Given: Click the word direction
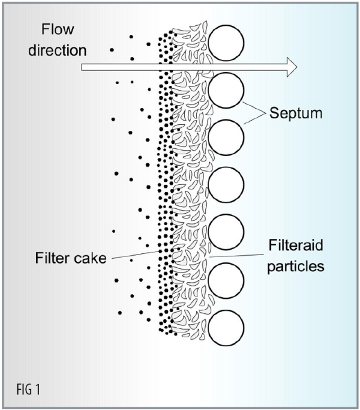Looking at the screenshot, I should [58, 50].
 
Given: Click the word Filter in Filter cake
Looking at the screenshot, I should [54, 259].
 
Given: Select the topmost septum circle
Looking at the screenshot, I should [226, 43].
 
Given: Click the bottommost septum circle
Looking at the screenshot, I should [226, 327].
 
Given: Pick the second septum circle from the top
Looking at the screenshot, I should [226, 90].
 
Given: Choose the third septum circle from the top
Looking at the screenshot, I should [226, 137].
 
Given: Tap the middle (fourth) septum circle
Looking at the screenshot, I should [226, 185].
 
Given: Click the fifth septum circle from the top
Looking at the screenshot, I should [226, 232].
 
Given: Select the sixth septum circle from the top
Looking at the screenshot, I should [226, 280].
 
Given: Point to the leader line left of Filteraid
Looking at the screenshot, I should [237, 256].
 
